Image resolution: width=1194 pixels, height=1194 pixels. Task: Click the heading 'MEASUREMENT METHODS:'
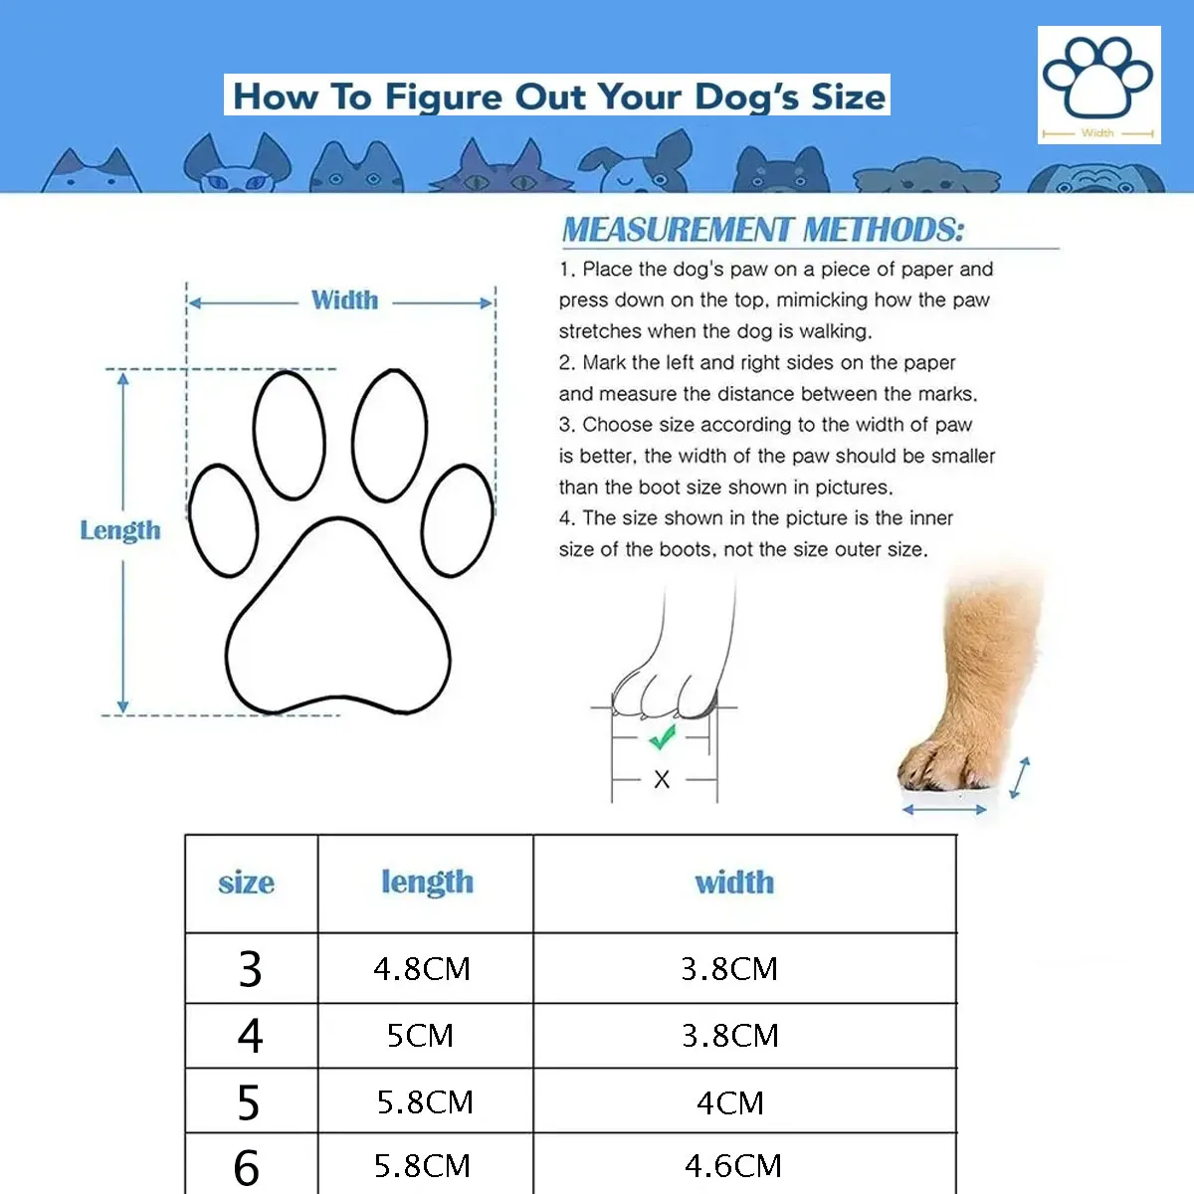click(x=763, y=230)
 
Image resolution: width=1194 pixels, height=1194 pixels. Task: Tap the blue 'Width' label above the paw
click(x=344, y=300)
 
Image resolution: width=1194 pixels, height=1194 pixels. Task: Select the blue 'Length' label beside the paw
click(x=120, y=530)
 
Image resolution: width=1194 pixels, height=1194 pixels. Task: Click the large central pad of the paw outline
click(x=337, y=622)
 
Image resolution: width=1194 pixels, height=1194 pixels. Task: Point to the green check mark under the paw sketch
click(x=662, y=738)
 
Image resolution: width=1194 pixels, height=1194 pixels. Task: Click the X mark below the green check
click(x=662, y=780)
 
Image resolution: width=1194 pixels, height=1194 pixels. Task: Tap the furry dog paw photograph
click(x=970, y=687)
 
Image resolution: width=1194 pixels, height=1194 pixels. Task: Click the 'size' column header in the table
click(x=246, y=883)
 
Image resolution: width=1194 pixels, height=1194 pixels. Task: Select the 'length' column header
click(x=427, y=883)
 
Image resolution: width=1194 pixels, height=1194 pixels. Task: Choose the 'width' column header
click(x=734, y=883)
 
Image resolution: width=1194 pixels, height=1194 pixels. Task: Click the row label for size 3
click(x=250, y=968)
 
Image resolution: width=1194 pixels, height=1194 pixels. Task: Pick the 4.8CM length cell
click(x=422, y=968)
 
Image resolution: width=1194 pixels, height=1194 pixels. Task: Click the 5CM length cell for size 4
click(x=420, y=1035)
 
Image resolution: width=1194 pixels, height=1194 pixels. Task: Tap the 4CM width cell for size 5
click(x=730, y=1102)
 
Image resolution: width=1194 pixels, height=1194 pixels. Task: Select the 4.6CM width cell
click(x=733, y=1165)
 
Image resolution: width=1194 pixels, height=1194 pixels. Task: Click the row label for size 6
click(x=247, y=1167)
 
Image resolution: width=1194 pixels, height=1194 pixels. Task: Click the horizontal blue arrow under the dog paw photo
click(x=944, y=810)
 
